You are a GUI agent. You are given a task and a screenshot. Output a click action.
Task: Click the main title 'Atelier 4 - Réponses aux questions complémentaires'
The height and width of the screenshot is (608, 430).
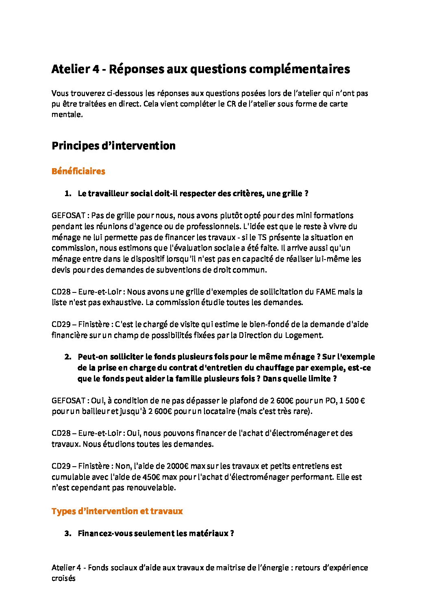tap(200, 69)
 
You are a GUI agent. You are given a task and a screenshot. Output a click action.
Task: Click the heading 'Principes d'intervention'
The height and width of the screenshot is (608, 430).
tap(113, 146)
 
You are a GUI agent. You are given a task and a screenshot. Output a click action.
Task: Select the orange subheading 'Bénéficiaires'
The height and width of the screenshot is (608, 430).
tap(78, 171)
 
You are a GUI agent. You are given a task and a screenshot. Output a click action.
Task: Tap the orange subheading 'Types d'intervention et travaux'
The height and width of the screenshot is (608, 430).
tap(117, 511)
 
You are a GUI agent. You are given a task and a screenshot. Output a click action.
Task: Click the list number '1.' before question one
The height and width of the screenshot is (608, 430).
tap(68, 194)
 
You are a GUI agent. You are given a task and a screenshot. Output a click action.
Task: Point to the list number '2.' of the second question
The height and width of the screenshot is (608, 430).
tap(68, 357)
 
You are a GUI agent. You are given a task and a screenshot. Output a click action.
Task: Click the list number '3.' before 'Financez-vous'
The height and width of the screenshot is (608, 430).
tap(68, 533)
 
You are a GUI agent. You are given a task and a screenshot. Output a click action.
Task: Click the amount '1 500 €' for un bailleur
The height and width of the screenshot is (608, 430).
tap(352, 400)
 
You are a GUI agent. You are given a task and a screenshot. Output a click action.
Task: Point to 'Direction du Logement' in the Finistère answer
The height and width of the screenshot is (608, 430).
tap(280, 335)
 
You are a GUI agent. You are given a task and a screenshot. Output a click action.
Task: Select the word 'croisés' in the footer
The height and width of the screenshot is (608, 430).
tap(63, 578)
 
